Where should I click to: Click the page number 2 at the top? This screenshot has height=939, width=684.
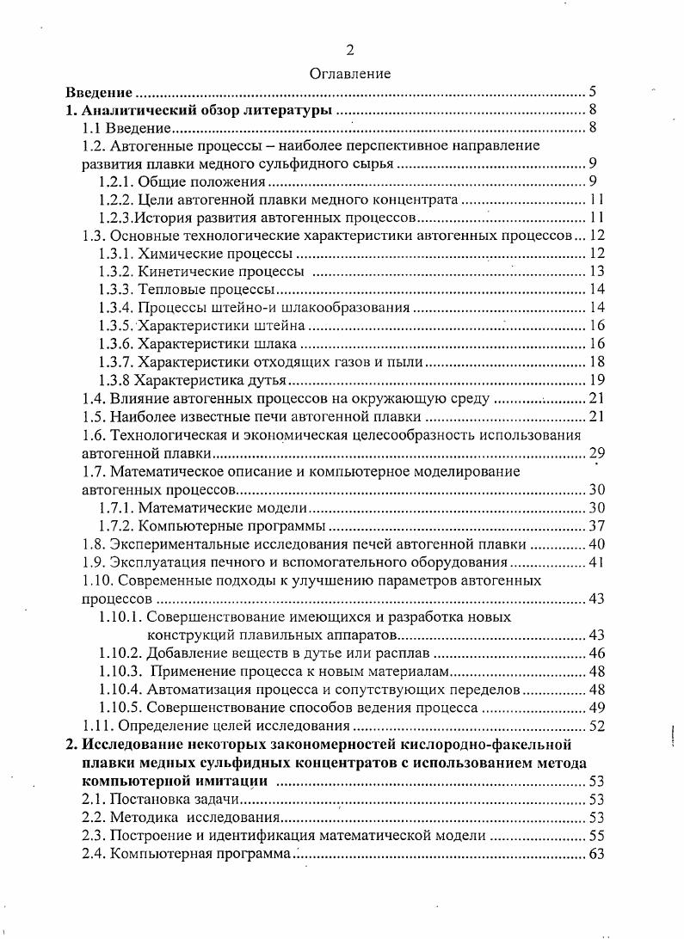(x=349, y=50)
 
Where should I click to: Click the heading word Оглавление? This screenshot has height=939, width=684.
(x=349, y=74)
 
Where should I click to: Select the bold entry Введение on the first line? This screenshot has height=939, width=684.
(x=100, y=92)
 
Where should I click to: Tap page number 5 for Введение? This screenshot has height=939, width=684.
(x=594, y=92)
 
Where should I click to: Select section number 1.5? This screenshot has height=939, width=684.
(x=92, y=416)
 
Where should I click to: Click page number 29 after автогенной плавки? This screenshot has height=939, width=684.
(x=595, y=453)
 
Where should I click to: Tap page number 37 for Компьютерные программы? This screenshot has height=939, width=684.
(x=597, y=525)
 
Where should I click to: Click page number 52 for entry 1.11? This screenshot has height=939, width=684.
(x=597, y=726)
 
